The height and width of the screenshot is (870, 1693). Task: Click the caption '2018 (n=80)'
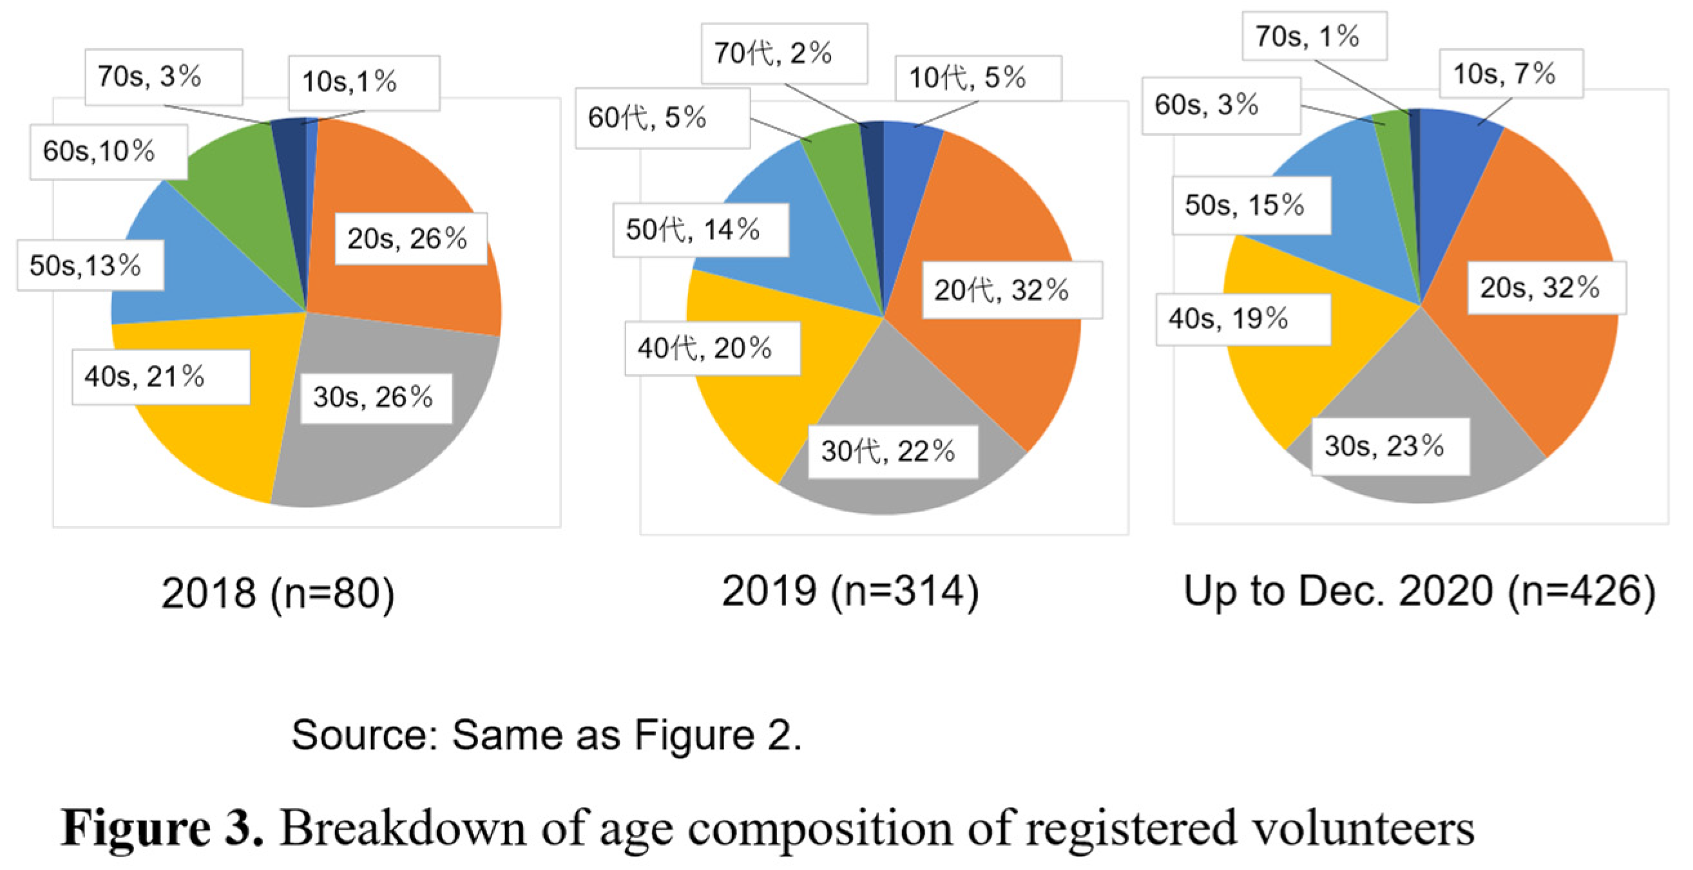(x=278, y=593)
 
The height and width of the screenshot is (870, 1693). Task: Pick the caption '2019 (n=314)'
(x=850, y=591)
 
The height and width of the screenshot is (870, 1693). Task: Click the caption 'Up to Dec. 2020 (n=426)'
(x=1419, y=591)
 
